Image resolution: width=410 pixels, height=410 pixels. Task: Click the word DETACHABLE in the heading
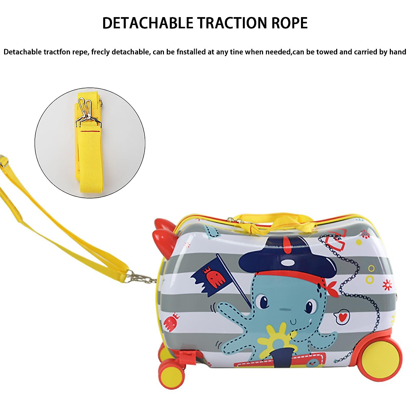click(148, 23)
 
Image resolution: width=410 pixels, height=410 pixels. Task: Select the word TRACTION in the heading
click(232, 23)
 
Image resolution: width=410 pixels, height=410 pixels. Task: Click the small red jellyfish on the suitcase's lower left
click(172, 323)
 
